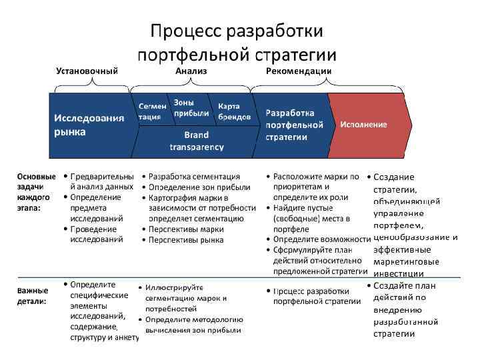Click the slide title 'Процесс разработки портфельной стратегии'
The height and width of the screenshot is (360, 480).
point(237,42)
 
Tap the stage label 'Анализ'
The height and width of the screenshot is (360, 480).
point(191,71)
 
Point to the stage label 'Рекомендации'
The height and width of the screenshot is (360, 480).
point(299,71)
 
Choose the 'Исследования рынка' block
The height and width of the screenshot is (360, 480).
point(89,125)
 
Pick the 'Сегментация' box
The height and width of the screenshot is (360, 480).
point(152,111)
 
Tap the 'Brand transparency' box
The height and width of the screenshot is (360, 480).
point(197,141)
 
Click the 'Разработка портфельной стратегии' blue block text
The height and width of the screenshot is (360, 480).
point(294,125)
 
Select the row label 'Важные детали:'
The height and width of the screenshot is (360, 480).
point(33,295)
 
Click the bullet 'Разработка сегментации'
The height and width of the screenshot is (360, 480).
point(194,177)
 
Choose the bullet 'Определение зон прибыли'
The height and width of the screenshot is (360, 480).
point(199,187)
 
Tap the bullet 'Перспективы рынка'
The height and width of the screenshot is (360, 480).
point(186,239)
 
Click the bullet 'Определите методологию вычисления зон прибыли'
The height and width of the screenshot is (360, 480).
point(194,325)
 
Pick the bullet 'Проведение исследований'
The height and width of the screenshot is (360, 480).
point(97,233)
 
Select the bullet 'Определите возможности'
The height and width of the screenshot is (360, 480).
point(321,239)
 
